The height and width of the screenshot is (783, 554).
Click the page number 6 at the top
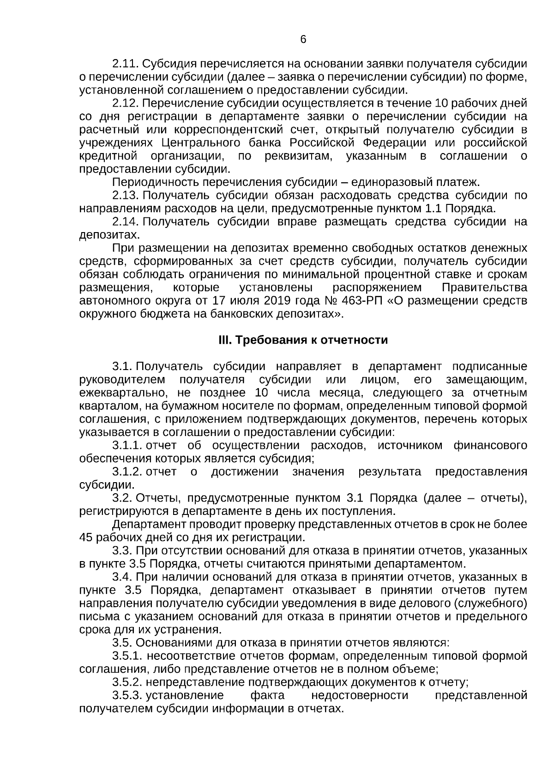point(303,40)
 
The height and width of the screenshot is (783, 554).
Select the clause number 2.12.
point(126,102)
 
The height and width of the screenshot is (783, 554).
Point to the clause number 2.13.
point(126,196)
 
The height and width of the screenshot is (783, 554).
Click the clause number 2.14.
point(126,222)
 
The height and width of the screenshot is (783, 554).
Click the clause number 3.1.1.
point(127,446)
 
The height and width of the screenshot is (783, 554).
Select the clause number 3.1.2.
point(127,472)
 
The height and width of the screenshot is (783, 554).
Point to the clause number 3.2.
point(122,498)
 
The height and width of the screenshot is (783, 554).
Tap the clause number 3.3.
point(122,551)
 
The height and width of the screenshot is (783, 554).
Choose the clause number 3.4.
point(122,577)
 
